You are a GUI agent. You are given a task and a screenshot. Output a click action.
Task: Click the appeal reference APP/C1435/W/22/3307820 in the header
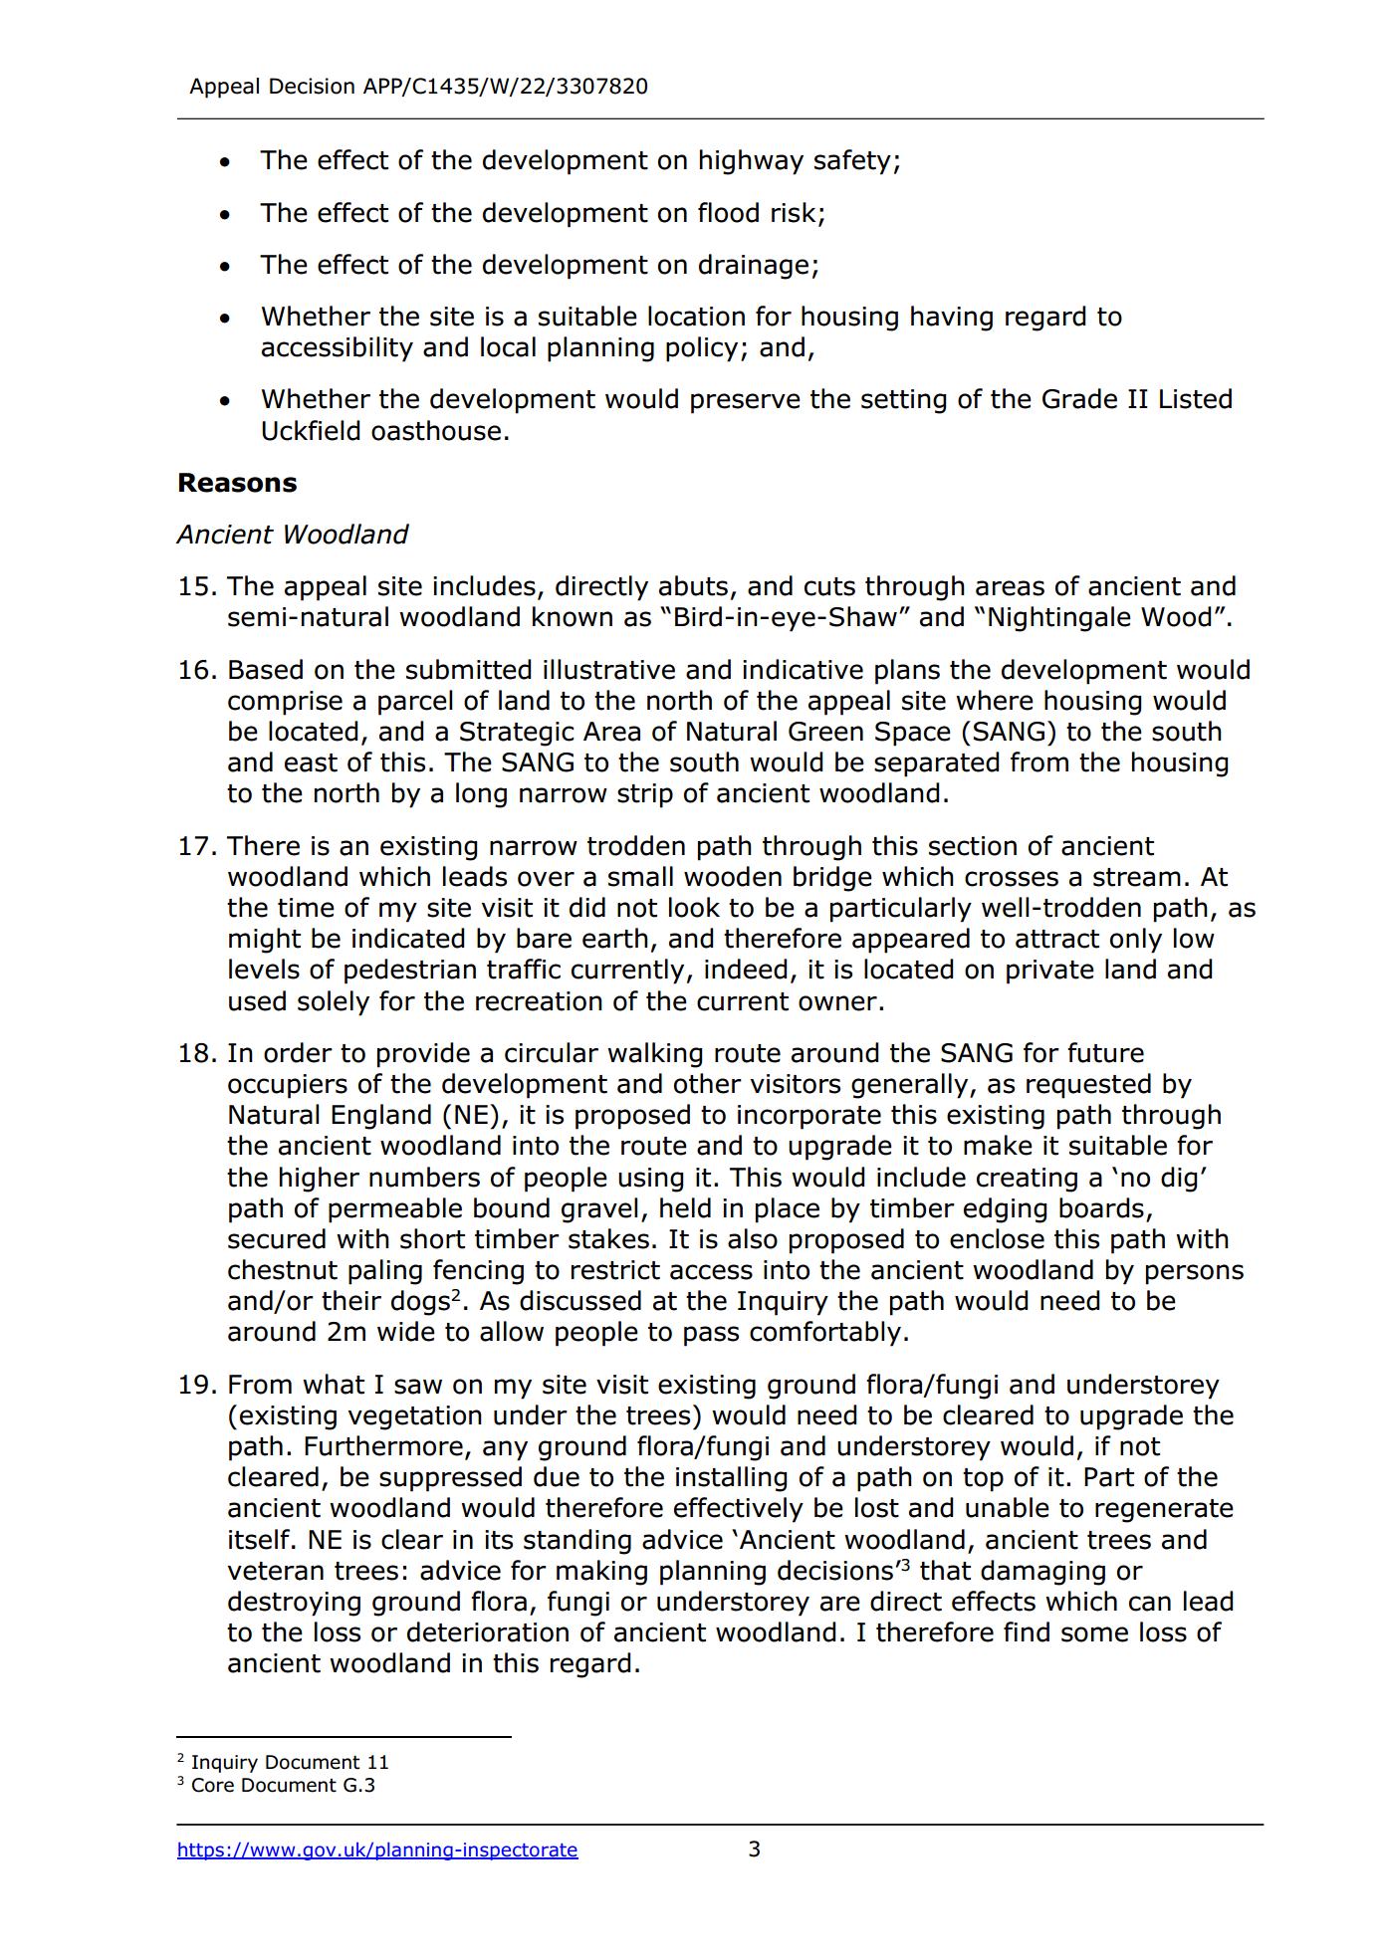click(x=505, y=87)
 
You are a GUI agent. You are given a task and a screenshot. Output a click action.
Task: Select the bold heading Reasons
click(x=237, y=483)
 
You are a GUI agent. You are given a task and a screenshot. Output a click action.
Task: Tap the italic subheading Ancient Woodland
click(x=293, y=535)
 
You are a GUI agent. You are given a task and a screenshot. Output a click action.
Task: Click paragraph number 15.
click(x=196, y=586)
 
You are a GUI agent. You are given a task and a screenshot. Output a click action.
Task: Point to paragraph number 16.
click(x=196, y=670)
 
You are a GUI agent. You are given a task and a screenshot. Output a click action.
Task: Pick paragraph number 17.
click(x=196, y=846)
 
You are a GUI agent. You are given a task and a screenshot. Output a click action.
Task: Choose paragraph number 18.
click(x=196, y=1053)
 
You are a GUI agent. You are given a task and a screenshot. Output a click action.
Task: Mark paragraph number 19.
click(x=196, y=1385)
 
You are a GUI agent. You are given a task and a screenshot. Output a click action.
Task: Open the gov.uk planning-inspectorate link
click(x=377, y=1849)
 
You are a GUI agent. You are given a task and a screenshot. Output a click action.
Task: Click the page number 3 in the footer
click(x=754, y=1848)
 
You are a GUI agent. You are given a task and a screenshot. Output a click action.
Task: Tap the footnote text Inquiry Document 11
click(x=290, y=1762)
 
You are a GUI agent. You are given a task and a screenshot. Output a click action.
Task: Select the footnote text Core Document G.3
click(x=283, y=1785)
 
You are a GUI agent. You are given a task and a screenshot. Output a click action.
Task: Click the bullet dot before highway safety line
click(x=226, y=162)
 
